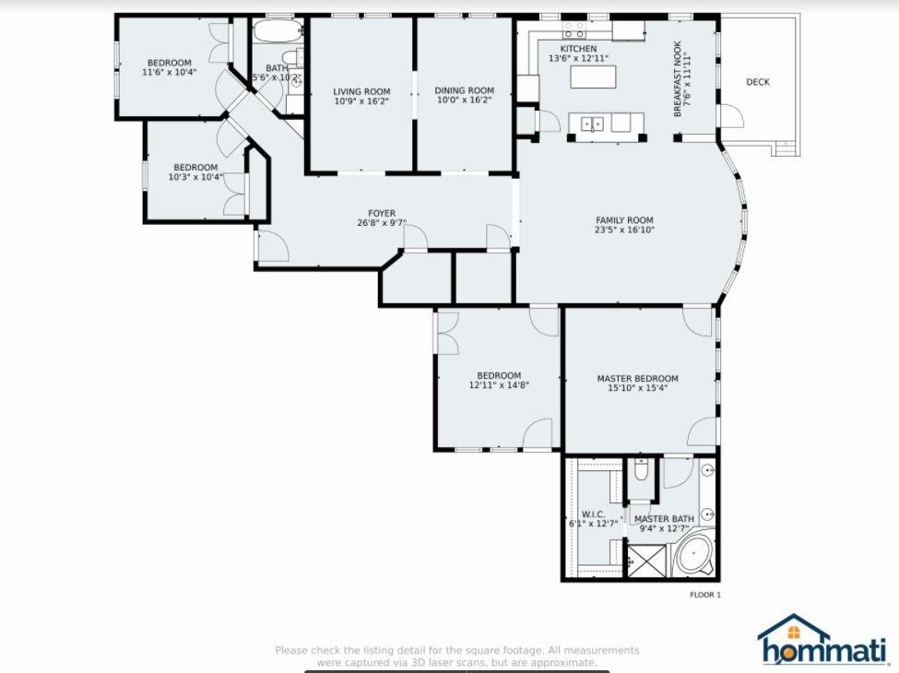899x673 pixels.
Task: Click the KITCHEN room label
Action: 578,49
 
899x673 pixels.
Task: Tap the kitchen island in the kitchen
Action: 594,77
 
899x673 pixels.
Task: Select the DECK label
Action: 757,82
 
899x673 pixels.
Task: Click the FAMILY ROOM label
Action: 624,220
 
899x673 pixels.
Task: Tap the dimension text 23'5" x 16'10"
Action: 624,230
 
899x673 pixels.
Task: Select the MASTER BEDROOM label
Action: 637,378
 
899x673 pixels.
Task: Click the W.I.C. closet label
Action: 593,514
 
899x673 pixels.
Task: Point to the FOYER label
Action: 382,213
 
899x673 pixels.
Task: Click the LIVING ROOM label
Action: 361,91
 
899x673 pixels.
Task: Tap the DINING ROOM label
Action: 464,90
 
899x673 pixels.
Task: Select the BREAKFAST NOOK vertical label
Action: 678,79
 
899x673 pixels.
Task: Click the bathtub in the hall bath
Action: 278,31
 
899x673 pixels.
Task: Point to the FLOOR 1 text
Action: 704,595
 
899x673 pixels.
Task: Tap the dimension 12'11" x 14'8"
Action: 499,385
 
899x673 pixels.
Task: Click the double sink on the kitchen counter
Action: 592,124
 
